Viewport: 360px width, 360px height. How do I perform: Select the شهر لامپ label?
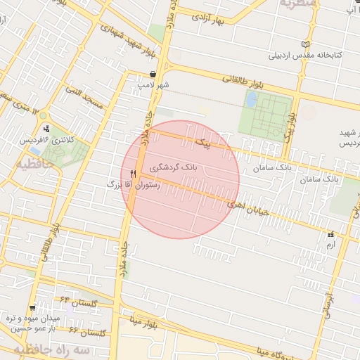[153, 84]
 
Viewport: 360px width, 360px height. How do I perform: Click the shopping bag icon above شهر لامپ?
[153, 74]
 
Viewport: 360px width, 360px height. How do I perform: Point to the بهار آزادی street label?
[215, 18]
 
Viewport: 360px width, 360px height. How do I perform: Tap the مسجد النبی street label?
[85, 99]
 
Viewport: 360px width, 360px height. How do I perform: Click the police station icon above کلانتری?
[46, 129]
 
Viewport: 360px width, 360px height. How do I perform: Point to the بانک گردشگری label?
[173, 169]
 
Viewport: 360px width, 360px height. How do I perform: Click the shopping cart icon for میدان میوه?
[32, 308]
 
